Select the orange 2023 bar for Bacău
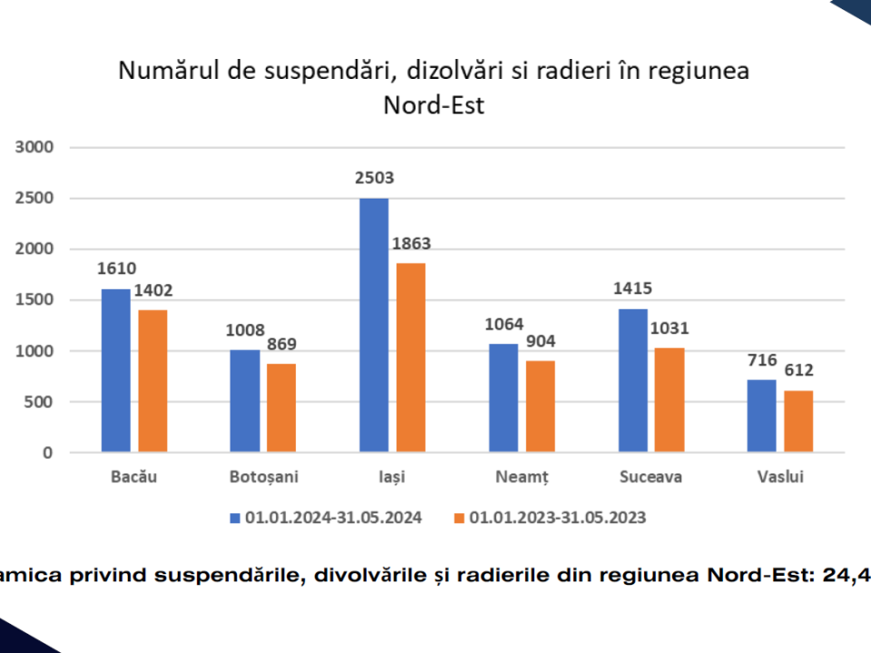pyautogui.click(x=152, y=381)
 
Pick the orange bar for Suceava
pyautogui.click(x=670, y=399)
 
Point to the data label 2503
pyautogui.click(x=375, y=178)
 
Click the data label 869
pyautogui.click(x=281, y=345)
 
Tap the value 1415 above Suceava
pyautogui.click(x=633, y=289)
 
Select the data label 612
pyautogui.click(x=798, y=370)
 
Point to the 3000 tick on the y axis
pyautogui.click(x=37, y=147)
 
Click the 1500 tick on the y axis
pyautogui.click(x=37, y=300)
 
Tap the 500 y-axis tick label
pyautogui.click(x=42, y=402)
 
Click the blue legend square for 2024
pyautogui.click(x=235, y=518)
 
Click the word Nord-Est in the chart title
pyautogui.click(x=434, y=105)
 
